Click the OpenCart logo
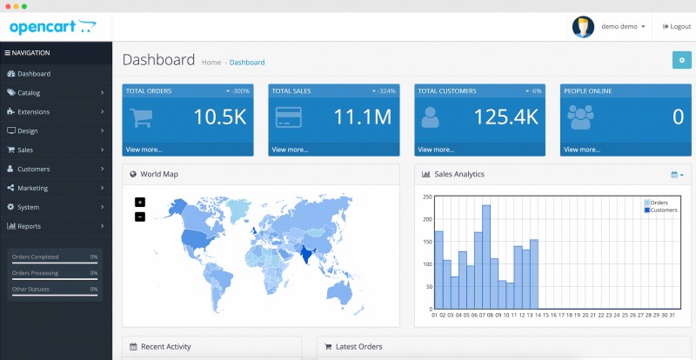click(x=52, y=27)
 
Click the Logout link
click(x=676, y=27)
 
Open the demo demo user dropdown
click(x=622, y=27)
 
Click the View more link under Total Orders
click(x=144, y=150)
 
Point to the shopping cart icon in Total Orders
click(x=142, y=117)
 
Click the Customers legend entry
click(x=662, y=210)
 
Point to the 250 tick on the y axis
click(x=427, y=197)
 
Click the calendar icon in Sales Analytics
click(x=675, y=175)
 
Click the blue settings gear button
click(x=682, y=60)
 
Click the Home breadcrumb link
click(x=211, y=63)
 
